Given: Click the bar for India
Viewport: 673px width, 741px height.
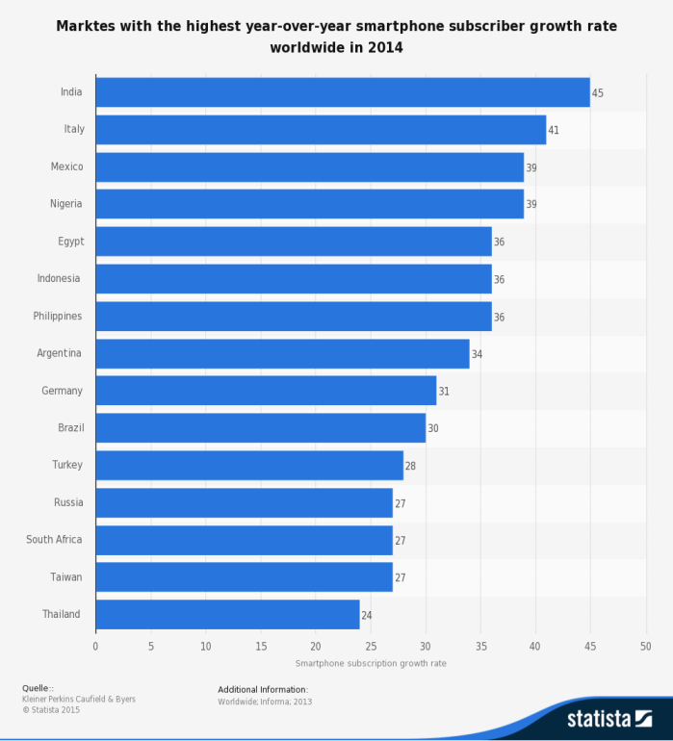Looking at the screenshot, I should point(342,92).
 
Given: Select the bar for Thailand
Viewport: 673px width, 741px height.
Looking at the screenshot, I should point(227,615).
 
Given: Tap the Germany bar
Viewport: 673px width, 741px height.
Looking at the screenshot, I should point(266,391).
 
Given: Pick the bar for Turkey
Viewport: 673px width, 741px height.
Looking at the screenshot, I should point(249,466).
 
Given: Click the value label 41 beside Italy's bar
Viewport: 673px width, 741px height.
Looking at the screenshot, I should point(554,130).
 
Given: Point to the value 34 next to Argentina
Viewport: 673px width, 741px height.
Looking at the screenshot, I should point(477,354).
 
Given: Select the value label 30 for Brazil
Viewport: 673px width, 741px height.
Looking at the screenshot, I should point(433,428).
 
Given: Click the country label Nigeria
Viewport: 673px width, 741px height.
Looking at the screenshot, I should point(66,204).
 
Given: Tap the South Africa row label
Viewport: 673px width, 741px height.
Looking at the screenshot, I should point(54,540).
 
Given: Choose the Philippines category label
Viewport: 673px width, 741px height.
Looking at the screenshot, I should point(57,317).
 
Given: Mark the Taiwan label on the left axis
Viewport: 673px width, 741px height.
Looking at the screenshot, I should point(66,577).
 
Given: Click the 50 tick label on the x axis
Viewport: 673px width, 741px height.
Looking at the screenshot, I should point(646,647).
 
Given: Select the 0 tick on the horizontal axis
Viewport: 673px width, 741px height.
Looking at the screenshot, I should point(95,647).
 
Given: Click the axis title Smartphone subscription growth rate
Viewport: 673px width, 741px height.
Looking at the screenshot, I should point(371,663).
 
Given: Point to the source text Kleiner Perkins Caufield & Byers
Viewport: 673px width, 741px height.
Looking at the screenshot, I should point(79,700).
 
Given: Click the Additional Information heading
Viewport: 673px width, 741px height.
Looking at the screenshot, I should point(263,689).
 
